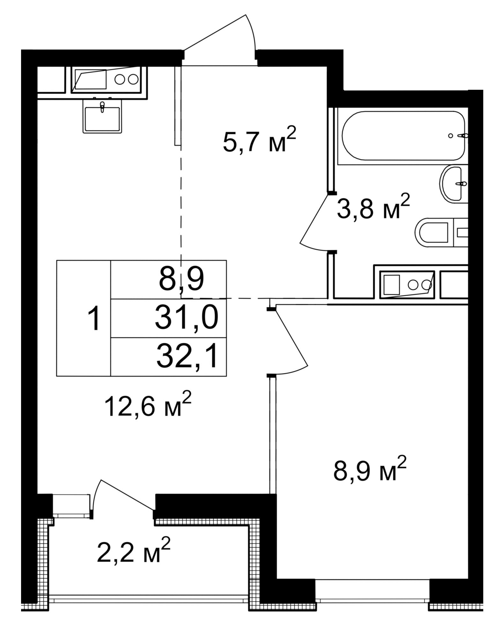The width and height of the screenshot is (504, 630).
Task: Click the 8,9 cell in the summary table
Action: click(180, 280)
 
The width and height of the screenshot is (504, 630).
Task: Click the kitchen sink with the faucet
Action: click(102, 115)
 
